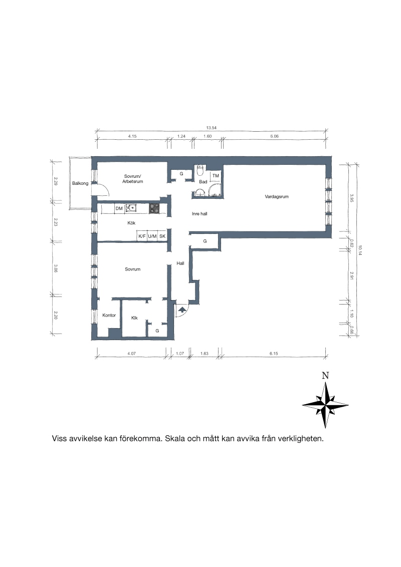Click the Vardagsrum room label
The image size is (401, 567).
coord(277,197)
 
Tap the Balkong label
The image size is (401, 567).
coord(80,183)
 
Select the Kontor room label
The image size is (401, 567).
coord(109,316)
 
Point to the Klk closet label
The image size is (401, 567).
coord(134,318)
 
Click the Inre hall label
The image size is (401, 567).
coord(199,214)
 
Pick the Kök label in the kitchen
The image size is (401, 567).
coord(131,223)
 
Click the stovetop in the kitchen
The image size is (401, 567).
coord(154,209)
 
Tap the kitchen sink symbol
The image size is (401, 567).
coord(131,208)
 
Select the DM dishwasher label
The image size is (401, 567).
coord(119,209)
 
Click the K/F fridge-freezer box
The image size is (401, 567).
coord(142,236)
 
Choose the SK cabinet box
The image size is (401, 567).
coord(162,236)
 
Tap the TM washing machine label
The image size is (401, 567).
coord(216,176)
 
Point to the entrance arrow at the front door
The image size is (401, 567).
coord(182,309)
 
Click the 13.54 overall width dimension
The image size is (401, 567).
coord(212,128)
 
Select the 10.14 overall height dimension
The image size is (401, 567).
coord(360,250)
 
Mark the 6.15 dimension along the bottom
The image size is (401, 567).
coord(274,354)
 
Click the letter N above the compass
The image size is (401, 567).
coord(325,376)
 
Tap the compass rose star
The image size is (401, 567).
coord(325,405)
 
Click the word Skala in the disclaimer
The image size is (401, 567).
coord(175,439)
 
